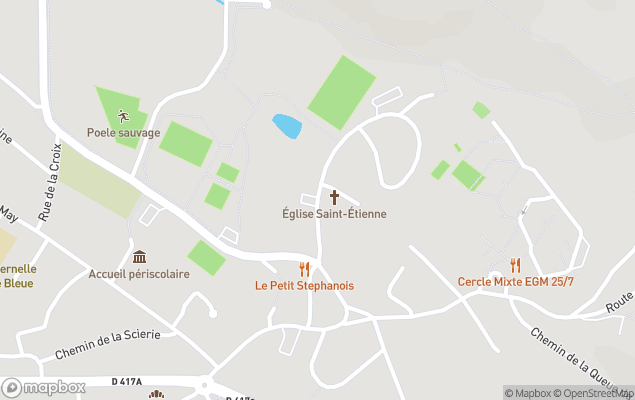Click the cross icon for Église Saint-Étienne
coord(334,197)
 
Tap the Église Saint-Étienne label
coord(334,214)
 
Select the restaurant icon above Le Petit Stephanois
coord(304,269)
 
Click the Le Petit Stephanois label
coord(304,286)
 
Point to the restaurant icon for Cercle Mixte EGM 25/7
coord(516,265)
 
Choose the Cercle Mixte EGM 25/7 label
coord(516,281)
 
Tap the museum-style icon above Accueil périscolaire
coord(139,257)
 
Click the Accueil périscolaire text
coord(139,274)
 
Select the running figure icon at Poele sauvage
coord(124,116)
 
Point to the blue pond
coord(287,126)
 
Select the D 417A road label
coord(127,381)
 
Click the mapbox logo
coord(43,387)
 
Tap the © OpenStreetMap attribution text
coord(593,393)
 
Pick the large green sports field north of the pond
coord(341,91)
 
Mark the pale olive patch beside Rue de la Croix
coord(98,183)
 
